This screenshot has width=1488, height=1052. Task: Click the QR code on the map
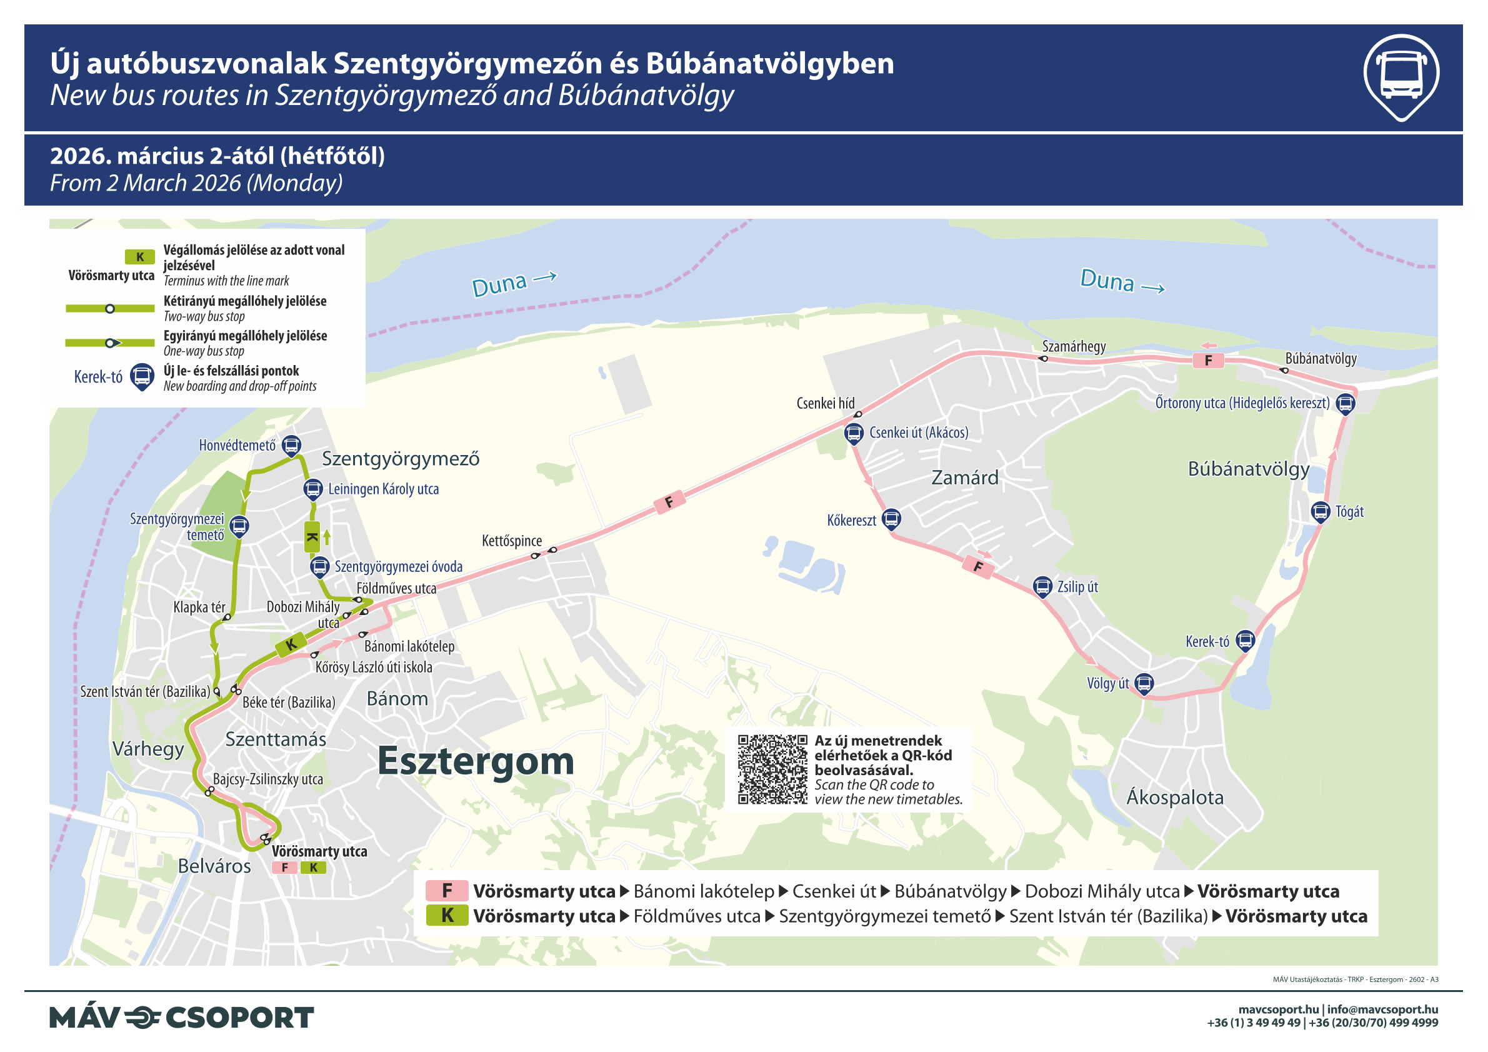[x=772, y=769]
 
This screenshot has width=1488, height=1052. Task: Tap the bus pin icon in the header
[x=1401, y=76]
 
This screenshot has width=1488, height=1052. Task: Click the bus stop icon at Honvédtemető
[x=292, y=445]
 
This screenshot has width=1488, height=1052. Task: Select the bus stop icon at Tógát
[x=1320, y=511]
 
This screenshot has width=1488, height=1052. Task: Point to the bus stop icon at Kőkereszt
[x=891, y=518]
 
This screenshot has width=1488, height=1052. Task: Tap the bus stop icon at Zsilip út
[x=1042, y=586]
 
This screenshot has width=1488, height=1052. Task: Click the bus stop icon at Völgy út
[x=1144, y=683]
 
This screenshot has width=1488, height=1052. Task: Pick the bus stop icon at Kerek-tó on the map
[x=1245, y=641]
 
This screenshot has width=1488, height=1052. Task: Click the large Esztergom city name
[x=476, y=760]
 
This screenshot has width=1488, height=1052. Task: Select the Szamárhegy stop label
[x=1073, y=346]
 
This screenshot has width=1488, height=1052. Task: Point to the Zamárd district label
[x=964, y=478]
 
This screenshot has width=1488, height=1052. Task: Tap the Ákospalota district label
[x=1174, y=797]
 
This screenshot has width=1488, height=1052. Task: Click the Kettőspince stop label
[x=511, y=541]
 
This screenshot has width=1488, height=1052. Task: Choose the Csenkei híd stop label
[x=825, y=403]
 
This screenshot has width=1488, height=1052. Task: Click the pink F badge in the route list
[x=447, y=891]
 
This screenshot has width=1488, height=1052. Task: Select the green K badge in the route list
[x=447, y=915]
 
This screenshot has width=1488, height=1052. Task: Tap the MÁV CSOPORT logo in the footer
[x=181, y=1017]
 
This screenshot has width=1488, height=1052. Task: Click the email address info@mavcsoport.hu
[x=1382, y=1009]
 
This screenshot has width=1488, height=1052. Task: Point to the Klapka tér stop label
[x=199, y=608]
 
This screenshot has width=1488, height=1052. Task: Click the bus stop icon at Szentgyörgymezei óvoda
[x=319, y=566]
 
